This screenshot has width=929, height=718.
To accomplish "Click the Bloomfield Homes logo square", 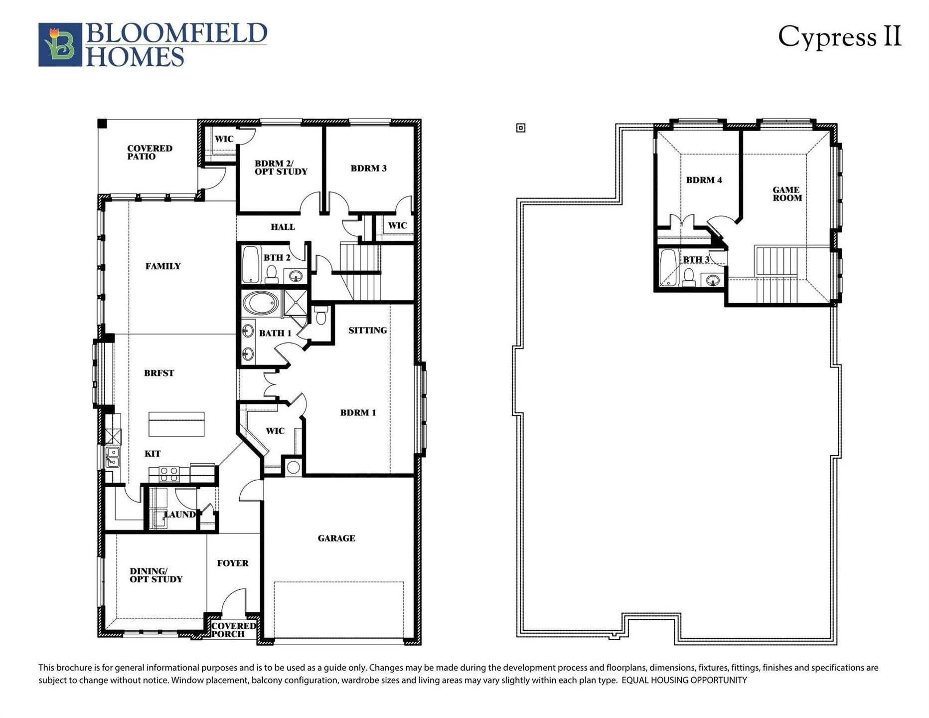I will click(60, 44).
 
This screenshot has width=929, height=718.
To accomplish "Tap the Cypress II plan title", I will click(839, 37).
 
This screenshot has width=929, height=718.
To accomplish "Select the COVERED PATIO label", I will click(149, 152).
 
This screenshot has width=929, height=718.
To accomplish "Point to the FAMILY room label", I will click(163, 266).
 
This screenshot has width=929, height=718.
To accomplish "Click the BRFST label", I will click(159, 373).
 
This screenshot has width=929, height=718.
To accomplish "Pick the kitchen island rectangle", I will click(176, 424).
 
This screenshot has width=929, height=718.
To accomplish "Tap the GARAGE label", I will click(336, 538).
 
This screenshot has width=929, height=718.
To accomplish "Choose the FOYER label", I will click(232, 563).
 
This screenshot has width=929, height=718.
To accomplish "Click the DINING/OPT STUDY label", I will click(155, 575).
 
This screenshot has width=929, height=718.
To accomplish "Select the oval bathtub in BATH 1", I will click(261, 303).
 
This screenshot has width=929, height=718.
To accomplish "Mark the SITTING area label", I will click(367, 330).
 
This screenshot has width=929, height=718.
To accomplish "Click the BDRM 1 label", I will click(358, 412).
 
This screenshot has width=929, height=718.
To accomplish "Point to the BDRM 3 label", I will click(368, 168).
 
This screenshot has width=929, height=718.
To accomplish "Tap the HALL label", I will click(283, 227).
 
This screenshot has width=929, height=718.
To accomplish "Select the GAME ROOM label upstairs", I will click(787, 193).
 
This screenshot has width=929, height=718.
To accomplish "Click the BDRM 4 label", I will click(704, 180).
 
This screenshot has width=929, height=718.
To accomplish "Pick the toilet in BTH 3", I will click(689, 277).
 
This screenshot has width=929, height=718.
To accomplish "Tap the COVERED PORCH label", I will click(233, 630).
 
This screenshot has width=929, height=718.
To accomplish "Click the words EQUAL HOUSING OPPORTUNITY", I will click(684, 680).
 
